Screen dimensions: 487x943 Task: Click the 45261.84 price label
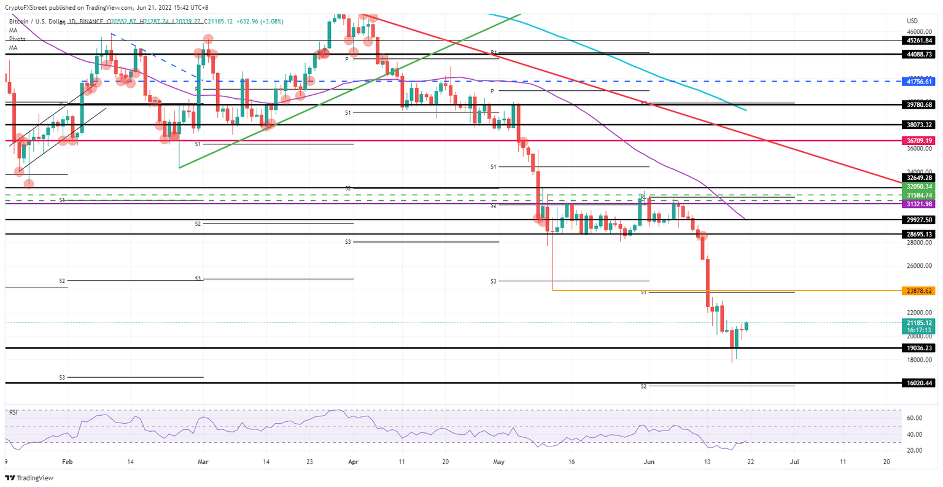pos(919,40)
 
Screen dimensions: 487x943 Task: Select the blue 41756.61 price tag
pos(919,81)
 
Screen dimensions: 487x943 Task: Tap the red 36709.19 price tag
pos(919,141)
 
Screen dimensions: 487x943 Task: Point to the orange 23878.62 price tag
pos(919,290)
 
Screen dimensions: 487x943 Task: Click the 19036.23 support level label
pos(919,348)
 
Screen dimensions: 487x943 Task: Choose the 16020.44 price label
pos(919,383)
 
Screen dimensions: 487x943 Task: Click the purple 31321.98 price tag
pos(919,203)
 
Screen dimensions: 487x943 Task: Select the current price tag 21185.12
pos(919,322)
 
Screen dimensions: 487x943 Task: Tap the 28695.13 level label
pos(919,234)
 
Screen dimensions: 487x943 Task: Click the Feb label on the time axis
pos(68,461)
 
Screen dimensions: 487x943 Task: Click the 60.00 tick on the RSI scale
pos(915,418)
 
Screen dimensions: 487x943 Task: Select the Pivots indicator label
pos(17,39)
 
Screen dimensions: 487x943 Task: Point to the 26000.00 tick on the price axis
pos(919,266)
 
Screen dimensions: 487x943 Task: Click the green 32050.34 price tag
pos(919,186)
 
